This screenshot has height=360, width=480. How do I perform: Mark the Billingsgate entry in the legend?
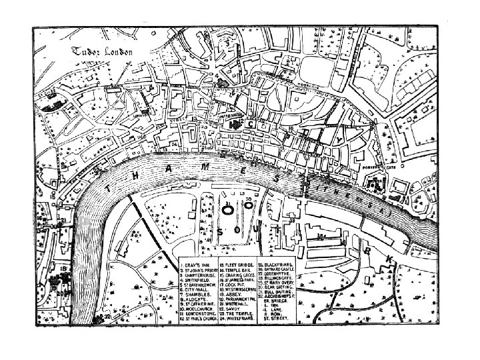point(277,279)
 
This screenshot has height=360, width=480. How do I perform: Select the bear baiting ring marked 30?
point(249,205)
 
